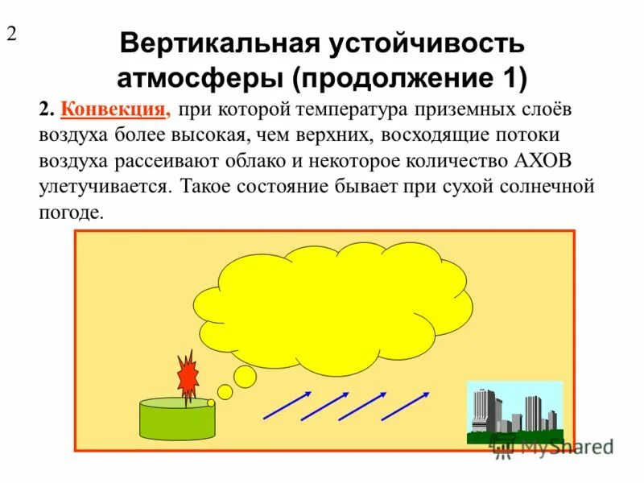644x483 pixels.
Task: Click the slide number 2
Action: (12, 35)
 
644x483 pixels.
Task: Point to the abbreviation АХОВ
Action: (544, 161)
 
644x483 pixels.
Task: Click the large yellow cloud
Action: (346, 306)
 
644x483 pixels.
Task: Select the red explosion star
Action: (188, 374)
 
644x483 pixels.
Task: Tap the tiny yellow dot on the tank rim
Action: (211, 402)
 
